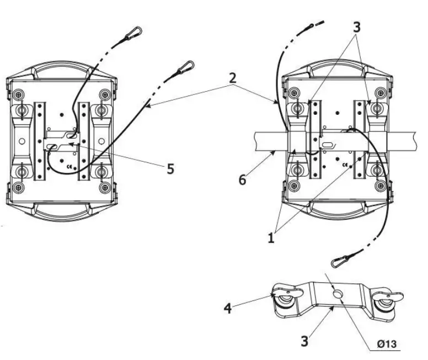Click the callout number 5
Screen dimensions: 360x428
pyautogui.click(x=171, y=169)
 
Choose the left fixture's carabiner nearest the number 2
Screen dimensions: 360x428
pyautogui.click(x=184, y=69)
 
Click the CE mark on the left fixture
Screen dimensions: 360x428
pyautogui.click(x=68, y=165)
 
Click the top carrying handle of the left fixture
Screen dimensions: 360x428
pyautogui.click(x=61, y=71)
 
